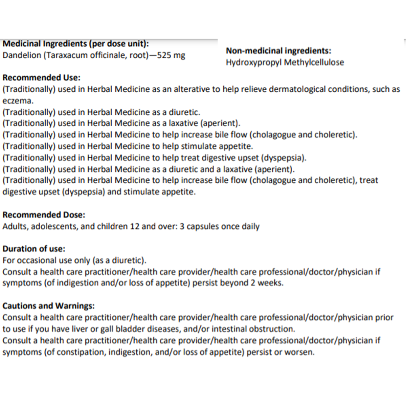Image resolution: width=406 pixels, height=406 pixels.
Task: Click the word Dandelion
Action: (22, 55)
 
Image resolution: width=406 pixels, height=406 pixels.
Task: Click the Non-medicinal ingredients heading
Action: (278, 51)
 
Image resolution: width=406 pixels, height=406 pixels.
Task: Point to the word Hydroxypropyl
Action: (254, 63)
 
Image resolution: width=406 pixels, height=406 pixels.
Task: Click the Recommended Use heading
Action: (41, 77)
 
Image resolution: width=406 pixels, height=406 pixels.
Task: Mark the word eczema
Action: (18, 101)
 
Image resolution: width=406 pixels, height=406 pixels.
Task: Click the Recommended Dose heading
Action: (44, 215)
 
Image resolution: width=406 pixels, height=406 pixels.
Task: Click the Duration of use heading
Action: (34, 249)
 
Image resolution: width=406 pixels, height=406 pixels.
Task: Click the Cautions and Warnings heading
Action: (48, 306)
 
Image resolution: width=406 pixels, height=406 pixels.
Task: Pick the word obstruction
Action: (272, 329)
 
